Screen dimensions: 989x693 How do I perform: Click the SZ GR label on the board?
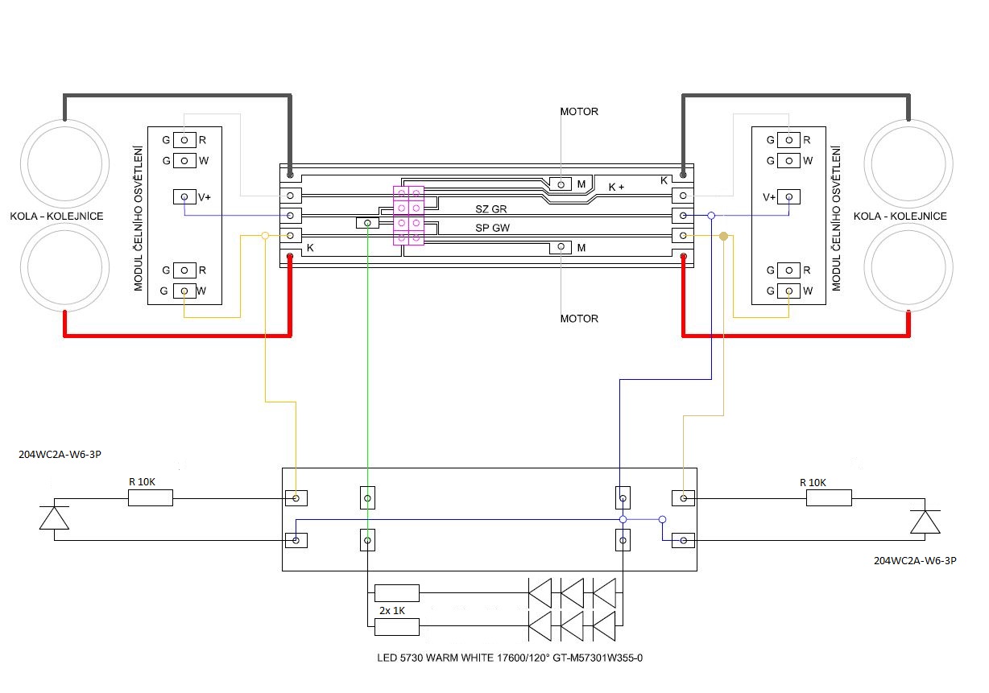[x=490, y=209]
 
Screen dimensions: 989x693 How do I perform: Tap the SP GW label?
[x=492, y=228]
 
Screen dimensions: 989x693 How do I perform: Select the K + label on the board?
[x=616, y=187]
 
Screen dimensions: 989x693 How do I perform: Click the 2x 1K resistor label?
[x=392, y=611]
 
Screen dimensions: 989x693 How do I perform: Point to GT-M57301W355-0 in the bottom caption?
[x=598, y=658]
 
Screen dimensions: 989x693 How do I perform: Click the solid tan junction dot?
[x=723, y=236]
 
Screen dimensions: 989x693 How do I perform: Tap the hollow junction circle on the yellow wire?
[x=265, y=236]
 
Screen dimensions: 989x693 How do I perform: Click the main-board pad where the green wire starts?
[x=367, y=223]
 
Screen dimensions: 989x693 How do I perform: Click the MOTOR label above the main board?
[x=579, y=112]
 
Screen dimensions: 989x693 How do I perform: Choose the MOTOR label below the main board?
[x=579, y=319]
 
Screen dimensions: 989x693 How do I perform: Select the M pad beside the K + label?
[x=561, y=184]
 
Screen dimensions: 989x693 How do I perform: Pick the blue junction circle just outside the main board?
[x=711, y=215]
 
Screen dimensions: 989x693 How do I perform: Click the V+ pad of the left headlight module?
[x=184, y=196]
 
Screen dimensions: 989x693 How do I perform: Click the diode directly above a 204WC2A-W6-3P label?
[x=925, y=522]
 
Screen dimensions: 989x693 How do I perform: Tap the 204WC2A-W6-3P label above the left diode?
[x=60, y=455]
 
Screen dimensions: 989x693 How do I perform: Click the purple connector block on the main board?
[x=408, y=215]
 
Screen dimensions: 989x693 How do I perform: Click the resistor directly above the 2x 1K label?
[x=396, y=593]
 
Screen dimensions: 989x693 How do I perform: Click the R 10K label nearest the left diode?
[x=142, y=481]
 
